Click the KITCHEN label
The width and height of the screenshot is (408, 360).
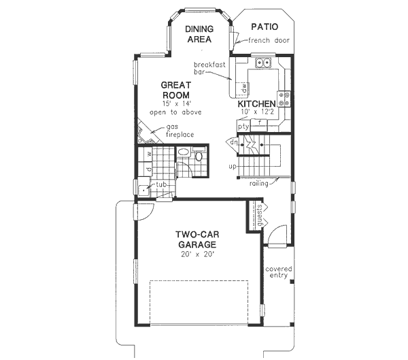point(256,104)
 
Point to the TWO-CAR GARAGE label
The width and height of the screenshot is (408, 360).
point(197,239)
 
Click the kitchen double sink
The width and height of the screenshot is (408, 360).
point(263,64)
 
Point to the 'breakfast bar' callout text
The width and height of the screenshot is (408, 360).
point(209,67)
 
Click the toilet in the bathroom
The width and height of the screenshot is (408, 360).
point(199,157)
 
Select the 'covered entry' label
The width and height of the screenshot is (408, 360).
point(279,272)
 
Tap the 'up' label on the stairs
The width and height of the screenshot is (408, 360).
point(232,166)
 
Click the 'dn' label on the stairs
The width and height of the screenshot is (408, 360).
point(233,143)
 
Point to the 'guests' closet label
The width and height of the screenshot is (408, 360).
point(260,217)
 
